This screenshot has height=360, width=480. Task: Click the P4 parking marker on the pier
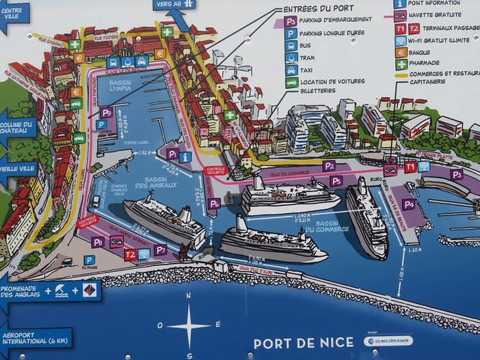408,204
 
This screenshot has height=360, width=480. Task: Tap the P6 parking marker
214,203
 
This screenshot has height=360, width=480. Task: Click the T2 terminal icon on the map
130,253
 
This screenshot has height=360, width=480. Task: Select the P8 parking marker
98,241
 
